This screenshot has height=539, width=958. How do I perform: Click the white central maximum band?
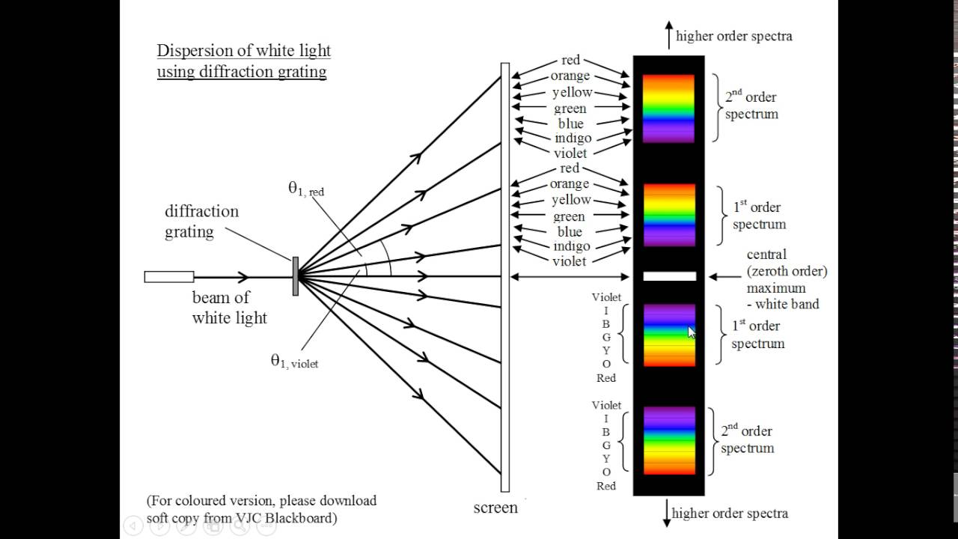(x=669, y=276)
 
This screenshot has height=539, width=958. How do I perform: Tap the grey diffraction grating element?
(x=296, y=276)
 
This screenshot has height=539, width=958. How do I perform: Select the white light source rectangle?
(x=169, y=277)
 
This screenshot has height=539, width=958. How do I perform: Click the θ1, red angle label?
(x=306, y=189)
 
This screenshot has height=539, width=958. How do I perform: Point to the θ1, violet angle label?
(x=294, y=361)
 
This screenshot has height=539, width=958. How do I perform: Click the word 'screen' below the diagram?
(x=495, y=508)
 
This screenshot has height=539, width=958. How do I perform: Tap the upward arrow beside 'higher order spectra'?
(x=669, y=35)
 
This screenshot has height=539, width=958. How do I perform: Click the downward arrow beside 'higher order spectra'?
(x=667, y=514)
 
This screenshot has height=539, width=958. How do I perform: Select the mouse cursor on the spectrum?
(x=692, y=332)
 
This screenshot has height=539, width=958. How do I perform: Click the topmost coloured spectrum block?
(x=668, y=109)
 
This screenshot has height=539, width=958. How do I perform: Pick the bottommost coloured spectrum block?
(x=669, y=441)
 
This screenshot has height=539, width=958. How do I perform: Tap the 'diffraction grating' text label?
(x=202, y=222)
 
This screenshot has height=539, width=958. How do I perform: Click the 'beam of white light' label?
(x=229, y=308)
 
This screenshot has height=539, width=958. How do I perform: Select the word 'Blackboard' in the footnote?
(x=301, y=517)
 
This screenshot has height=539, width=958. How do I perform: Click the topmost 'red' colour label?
(x=570, y=60)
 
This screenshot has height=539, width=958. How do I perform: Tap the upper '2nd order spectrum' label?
(x=751, y=106)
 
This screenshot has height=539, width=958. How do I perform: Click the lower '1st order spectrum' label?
(x=758, y=335)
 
